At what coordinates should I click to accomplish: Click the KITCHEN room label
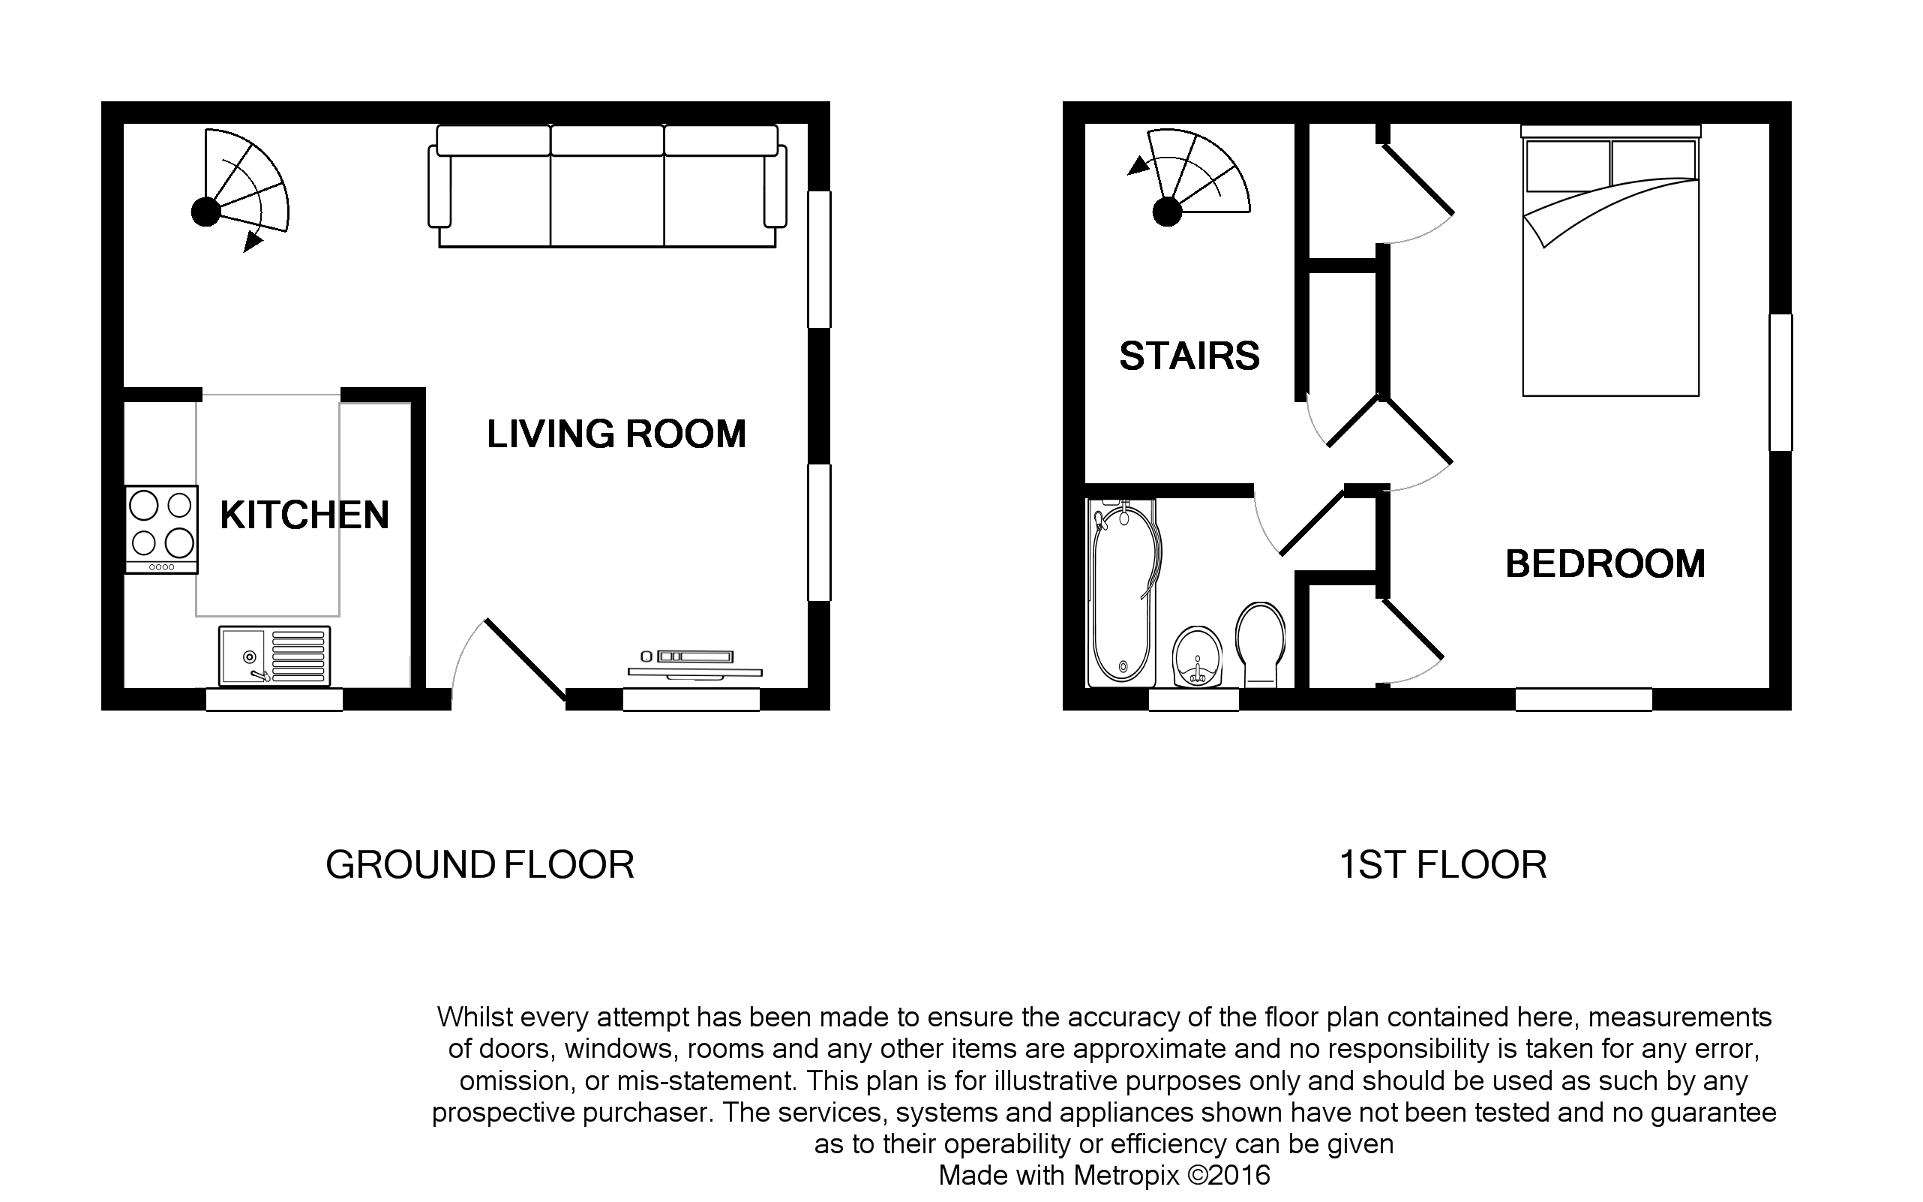[304, 515]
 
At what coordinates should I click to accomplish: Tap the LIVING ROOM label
[616, 434]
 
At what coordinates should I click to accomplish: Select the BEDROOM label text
[1605, 564]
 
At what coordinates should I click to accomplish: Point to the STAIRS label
[1189, 356]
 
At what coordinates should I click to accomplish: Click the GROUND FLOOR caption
[480, 865]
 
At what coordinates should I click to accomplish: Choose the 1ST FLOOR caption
[1442, 865]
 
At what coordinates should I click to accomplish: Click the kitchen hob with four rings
[161, 529]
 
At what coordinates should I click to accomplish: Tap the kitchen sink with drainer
[274, 656]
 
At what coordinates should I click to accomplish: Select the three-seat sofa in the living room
[607, 187]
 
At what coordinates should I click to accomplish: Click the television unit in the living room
[694, 665]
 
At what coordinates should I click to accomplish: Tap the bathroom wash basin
[1197, 655]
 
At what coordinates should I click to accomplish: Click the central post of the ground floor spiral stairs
[205, 212]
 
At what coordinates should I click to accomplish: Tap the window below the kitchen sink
[274, 699]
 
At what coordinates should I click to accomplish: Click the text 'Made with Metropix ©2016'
[1104, 1175]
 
